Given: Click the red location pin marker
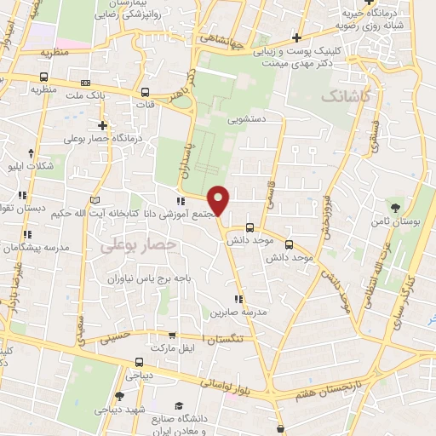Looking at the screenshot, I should click(220, 201).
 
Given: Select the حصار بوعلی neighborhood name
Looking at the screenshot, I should click(138, 244).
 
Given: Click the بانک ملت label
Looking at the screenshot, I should click(112, 95).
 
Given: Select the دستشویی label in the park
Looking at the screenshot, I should click(246, 120).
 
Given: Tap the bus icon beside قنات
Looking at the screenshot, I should click(145, 92).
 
